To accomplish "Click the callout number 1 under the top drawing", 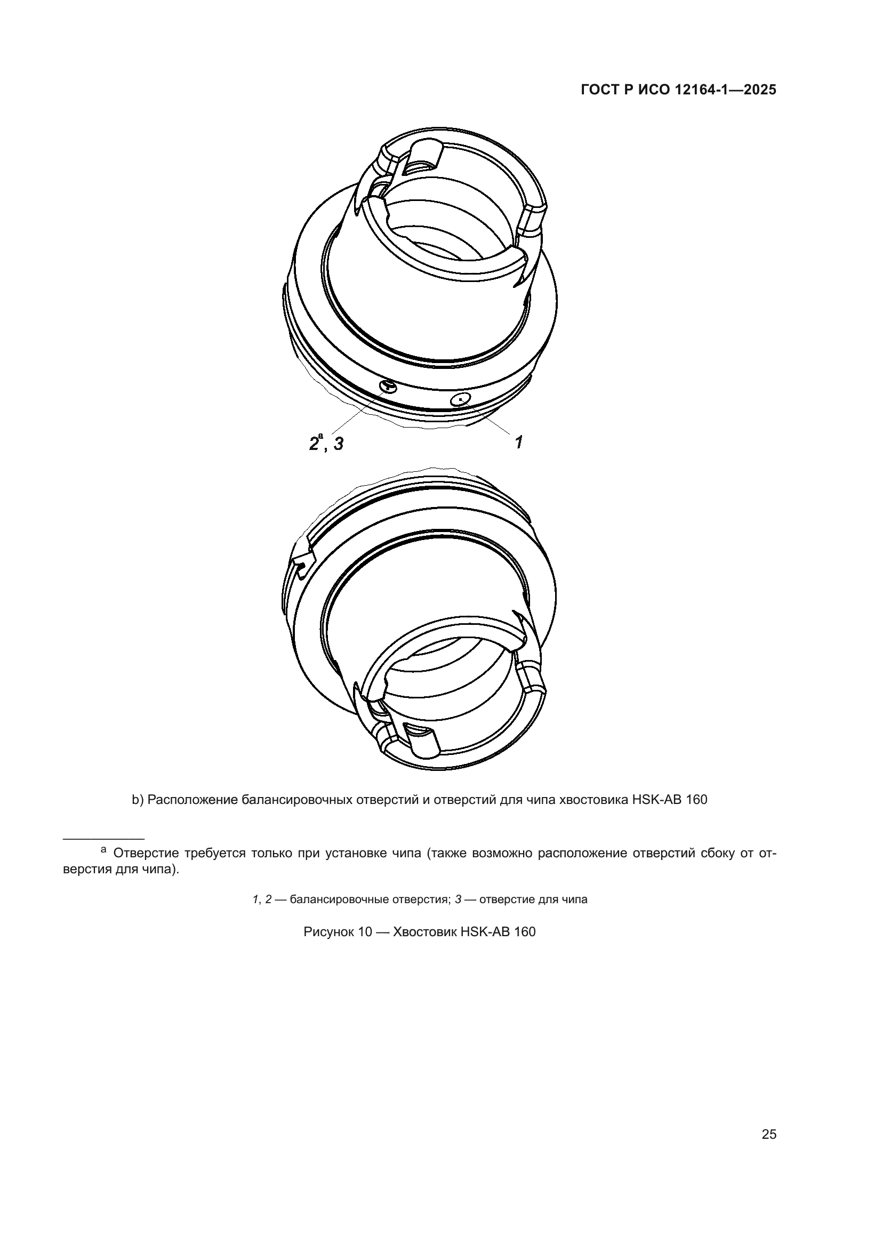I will point(519,442).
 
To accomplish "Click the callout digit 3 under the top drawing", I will point(339,444).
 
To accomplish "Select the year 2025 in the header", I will point(760,90).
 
